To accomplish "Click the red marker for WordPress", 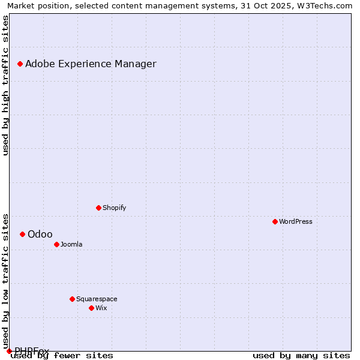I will [x=275, y=221].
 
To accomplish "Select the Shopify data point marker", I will [x=99, y=208].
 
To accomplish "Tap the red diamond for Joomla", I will [x=57, y=244].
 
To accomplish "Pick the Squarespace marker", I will [x=73, y=299].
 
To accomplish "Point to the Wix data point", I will [x=92, y=308].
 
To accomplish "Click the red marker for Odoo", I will [x=23, y=234].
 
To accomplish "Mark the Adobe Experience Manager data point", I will [x=20, y=64].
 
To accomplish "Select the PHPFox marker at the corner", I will [x=9, y=351].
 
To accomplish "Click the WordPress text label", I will [x=296, y=221].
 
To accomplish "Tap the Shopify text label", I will [x=115, y=208].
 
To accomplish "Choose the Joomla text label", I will [x=71, y=244].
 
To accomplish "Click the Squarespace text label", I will [x=97, y=299].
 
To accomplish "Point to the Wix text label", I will [x=101, y=308].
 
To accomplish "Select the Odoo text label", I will [x=40, y=234].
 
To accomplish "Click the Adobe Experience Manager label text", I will [x=91, y=64].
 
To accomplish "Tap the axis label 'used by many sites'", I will [x=301, y=355].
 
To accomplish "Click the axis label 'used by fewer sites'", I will [x=62, y=355].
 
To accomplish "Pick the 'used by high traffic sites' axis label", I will [x=6, y=85].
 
